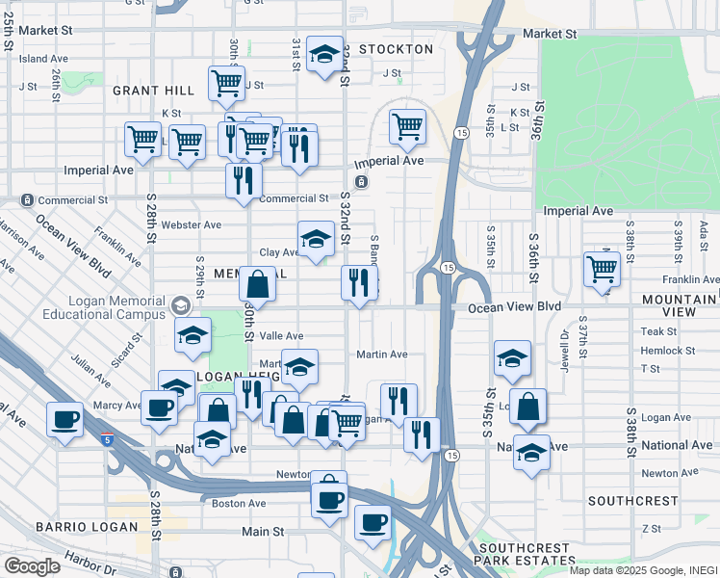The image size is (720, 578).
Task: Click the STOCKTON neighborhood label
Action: click(396, 48)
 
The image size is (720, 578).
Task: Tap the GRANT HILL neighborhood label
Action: click(153, 91)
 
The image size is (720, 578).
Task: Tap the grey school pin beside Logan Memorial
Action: click(178, 307)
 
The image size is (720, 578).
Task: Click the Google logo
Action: click(32, 566)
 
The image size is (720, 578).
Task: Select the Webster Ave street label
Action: click(191, 224)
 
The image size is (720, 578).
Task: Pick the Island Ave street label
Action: click(42, 59)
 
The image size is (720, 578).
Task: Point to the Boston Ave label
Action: click(238, 503)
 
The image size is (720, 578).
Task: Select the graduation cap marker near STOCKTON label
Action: click(325, 57)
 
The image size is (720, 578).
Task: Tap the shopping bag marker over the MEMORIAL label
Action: click(257, 284)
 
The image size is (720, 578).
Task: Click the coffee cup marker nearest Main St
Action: click(373, 522)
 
